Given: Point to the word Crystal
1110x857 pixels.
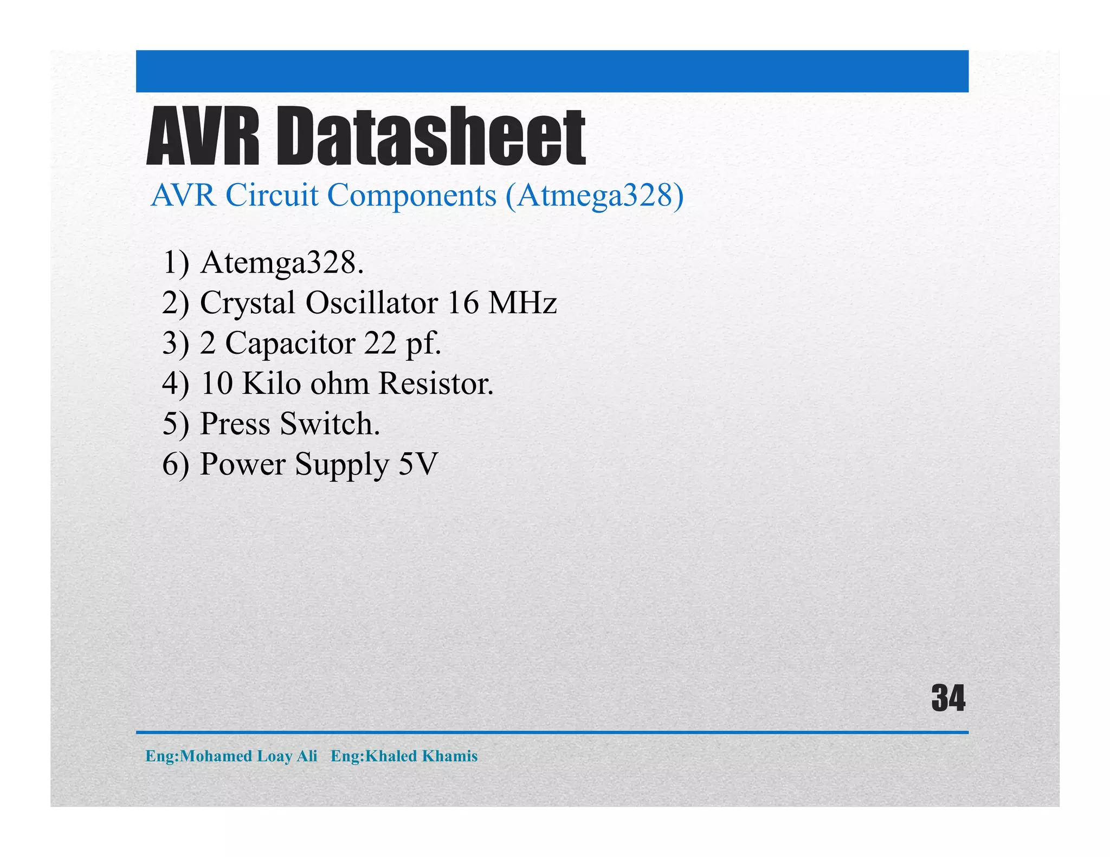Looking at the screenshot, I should [248, 303].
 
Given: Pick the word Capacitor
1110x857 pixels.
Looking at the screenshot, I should [290, 343].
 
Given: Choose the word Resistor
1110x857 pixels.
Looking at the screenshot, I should [436, 384].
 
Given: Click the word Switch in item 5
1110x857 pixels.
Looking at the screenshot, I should [330, 424].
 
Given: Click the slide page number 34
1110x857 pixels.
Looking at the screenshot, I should [948, 698].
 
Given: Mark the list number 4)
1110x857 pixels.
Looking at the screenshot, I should [176, 384].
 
